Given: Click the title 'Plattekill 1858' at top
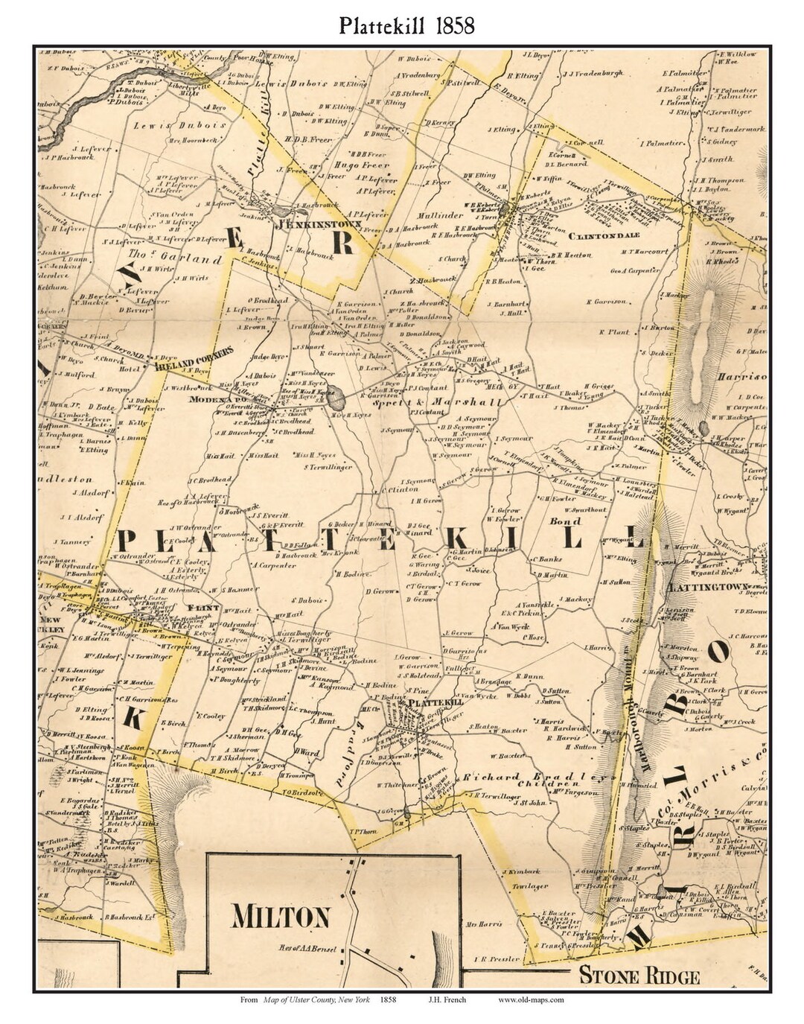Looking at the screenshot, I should (x=406, y=26).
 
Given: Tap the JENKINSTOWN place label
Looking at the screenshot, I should (x=309, y=223).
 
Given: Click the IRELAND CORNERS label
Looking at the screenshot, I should (x=195, y=357).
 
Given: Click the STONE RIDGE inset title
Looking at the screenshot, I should (x=639, y=976).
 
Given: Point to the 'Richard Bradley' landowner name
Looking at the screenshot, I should (x=526, y=777).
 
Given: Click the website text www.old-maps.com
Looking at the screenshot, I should (x=531, y=1000).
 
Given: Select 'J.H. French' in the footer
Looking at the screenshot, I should (x=447, y=1000).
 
